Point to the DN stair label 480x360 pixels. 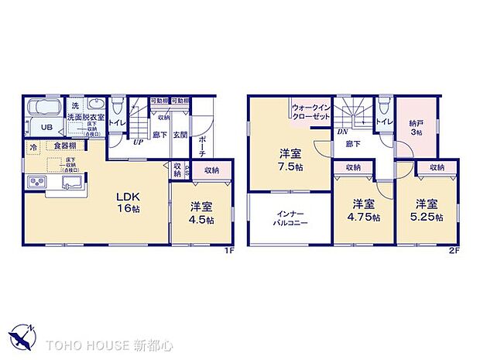[341, 132]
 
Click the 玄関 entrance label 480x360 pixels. [179, 133]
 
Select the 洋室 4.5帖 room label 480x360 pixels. [201, 211]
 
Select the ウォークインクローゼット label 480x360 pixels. [312, 110]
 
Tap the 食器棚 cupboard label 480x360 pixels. [65, 146]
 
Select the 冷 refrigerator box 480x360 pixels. [33, 146]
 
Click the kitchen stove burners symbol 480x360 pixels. [37, 182]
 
